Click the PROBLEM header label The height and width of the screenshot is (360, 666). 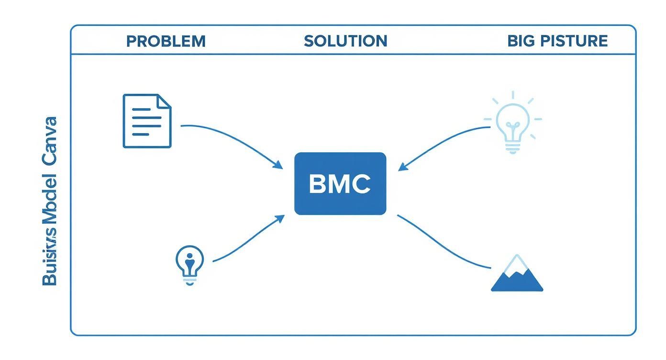(x=166, y=41)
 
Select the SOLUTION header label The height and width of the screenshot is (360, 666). (x=345, y=41)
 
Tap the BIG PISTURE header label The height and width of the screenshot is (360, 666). (x=557, y=41)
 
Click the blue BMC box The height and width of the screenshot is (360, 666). (x=340, y=183)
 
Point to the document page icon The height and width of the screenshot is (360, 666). (x=147, y=121)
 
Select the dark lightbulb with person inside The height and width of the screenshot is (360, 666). (x=190, y=264)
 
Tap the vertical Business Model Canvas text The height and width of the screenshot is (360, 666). (x=49, y=201)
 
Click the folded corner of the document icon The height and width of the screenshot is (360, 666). (x=164, y=101)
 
